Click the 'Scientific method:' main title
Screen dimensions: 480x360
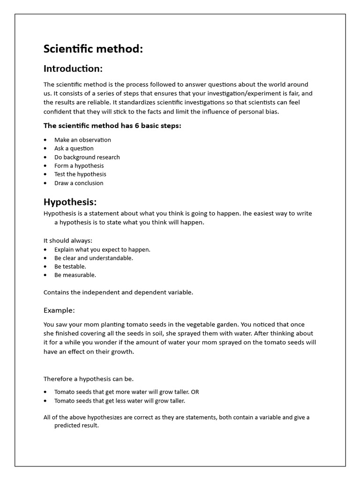93,49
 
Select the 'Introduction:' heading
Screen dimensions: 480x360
73,68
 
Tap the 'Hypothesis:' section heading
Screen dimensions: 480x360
70,202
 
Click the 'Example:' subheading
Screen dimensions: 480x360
59,310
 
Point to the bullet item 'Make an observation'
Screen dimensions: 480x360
82,140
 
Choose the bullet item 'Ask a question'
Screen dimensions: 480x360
74,148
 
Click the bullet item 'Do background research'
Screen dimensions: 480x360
87,157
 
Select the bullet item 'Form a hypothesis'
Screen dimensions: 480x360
79,165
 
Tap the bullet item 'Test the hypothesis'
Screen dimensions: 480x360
80,174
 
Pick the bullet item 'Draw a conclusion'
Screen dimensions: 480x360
79,183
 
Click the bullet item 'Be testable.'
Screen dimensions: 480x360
70,266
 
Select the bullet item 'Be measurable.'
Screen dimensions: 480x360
75,275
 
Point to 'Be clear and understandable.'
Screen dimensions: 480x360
93,258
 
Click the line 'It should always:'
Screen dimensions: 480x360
67,240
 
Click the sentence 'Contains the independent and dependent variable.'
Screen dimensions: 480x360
118,292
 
